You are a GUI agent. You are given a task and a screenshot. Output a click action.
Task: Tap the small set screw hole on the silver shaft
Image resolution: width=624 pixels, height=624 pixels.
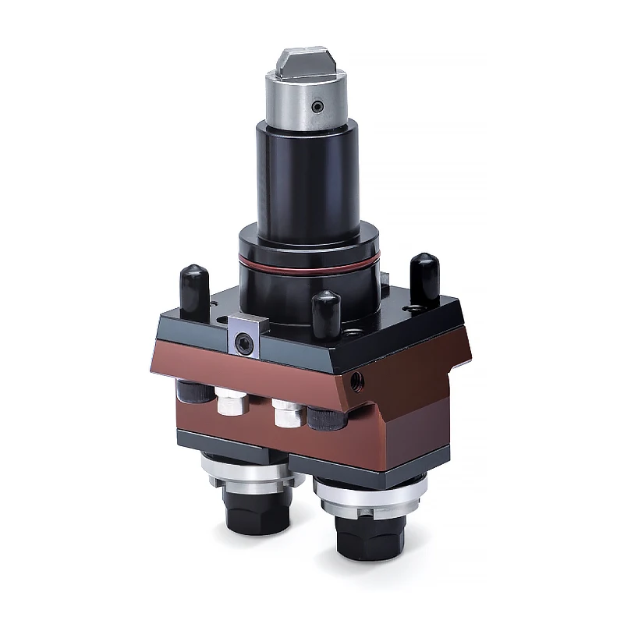[x=316, y=106]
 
